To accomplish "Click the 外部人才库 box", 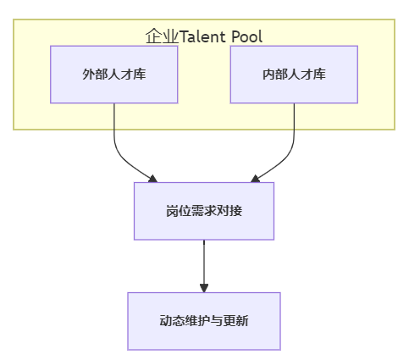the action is click(114, 75).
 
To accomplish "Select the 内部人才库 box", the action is click(294, 75).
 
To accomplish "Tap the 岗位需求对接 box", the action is click(204, 211).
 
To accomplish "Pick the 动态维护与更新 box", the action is click(204, 321).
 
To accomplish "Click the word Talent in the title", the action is click(202, 36).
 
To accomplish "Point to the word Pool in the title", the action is click(247, 36).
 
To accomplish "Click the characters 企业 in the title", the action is click(161, 36).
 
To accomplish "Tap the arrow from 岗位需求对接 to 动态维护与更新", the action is click(204, 266).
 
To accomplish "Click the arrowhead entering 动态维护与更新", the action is click(204, 288).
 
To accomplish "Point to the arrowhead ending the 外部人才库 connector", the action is click(153, 179).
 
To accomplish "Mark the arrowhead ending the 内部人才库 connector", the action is click(255, 179).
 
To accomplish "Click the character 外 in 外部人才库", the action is click(88, 75).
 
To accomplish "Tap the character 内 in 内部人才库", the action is click(268, 75).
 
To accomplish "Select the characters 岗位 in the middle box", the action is click(179, 211).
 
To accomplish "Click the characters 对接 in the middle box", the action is click(229, 211).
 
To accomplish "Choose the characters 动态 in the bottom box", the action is click(172, 321).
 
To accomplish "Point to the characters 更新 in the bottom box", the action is click(235, 321).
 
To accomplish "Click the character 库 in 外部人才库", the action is click(140, 75).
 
